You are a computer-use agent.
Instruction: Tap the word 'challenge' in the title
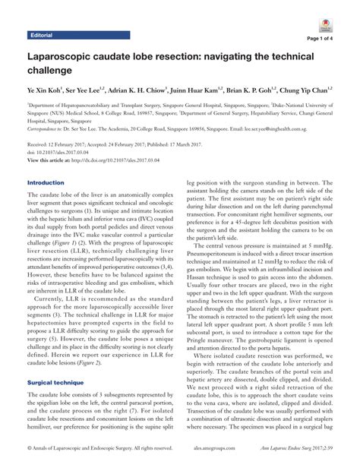point(51,71)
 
